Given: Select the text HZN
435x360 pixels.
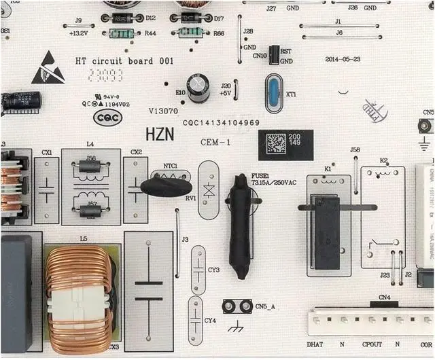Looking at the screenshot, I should [160, 135].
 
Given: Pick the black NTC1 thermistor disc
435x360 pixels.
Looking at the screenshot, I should [166, 184].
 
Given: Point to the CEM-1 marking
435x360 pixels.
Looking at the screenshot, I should [217, 142].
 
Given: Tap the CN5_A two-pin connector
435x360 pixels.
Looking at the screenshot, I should [238, 307].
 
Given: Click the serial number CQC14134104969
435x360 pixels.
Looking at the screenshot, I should [221, 122].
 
